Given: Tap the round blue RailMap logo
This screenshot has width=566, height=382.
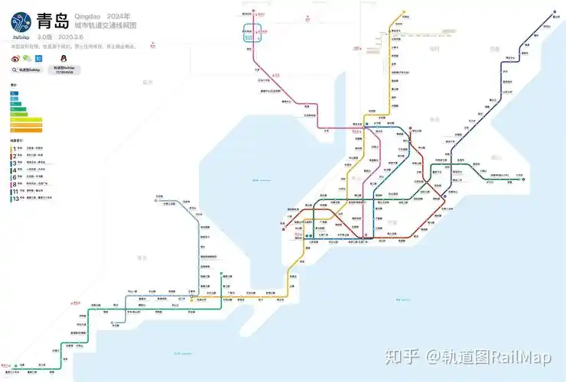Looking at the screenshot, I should [22, 21].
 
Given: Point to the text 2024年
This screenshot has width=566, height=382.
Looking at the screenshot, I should [118, 16].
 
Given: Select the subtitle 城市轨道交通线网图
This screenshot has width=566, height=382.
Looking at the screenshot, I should [105, 26].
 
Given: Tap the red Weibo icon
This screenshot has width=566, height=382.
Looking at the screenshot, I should [15, 57].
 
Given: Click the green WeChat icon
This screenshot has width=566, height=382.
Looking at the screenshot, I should [27, 57].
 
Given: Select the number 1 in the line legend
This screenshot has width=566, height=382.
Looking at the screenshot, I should [13, 149].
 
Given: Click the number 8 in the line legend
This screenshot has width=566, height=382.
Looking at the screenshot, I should [13, 184].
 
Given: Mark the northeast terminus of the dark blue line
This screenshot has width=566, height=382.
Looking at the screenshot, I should [555, 12].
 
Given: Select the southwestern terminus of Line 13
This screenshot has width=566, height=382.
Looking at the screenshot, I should [13, 371].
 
